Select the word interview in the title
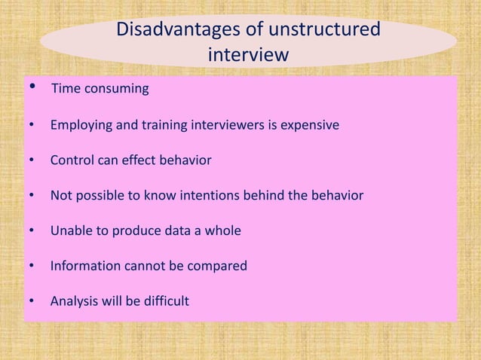pos(247,56)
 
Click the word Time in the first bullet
pos(65,90)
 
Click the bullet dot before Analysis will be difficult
pos(32,302)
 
